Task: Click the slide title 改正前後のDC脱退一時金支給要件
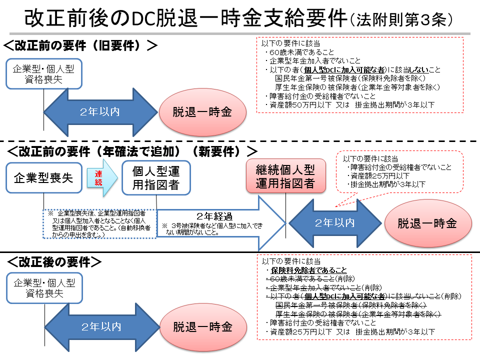[x=185, y=18]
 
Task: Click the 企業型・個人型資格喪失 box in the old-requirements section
[x=44, y=74]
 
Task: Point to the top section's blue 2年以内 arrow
[x=100, y=112]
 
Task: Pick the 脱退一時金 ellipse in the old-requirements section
[x=202, y=112]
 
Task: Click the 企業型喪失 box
[x=44, y=177]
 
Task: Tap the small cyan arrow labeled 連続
[x=101, y=177]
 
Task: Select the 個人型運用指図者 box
[x=156, y=177]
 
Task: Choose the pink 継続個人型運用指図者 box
[x=285, y=176]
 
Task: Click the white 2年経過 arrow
[x=220, y=223]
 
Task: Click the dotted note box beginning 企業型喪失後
[x=100, y=223]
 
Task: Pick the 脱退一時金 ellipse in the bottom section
[x=203, y=327]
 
